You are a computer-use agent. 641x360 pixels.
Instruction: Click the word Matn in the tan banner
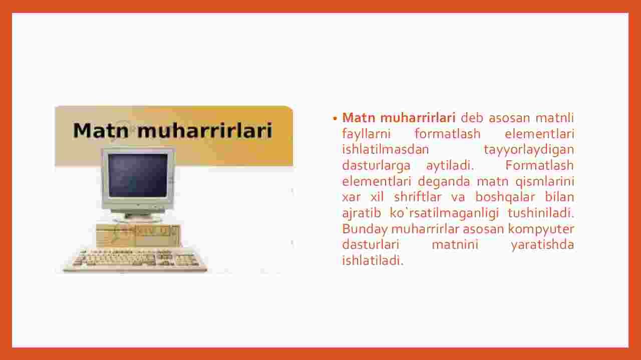pyautogui.click(x=101, y=131)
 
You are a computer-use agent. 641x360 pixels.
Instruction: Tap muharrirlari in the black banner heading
pyautogui.click(x=205, y=131)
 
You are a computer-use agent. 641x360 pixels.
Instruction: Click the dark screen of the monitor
pyautogui.click(x=138, y=175)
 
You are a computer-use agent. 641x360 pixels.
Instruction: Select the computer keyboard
pyautogui.click(x=135, y=260)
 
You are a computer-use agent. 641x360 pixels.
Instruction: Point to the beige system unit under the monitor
pyautogui.click(x=138, y=235)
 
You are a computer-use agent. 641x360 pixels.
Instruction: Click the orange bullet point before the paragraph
pyautogui.click(x=335, y=118)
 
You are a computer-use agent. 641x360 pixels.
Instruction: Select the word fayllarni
pyautogui.click(x=366, y=134)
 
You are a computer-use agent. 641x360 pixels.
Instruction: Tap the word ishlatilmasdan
pyautogui.click(x=386, y=149)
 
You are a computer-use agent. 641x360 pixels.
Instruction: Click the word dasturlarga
pyautogui.click(x=376, y=166)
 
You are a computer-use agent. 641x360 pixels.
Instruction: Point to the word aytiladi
pyautogui.click(x=450, y=166)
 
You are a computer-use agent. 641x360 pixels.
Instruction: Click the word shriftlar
pyautogui.click(x=418, y=197)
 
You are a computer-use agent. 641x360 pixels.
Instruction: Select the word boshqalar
pyautogui.click(x=505, y=197)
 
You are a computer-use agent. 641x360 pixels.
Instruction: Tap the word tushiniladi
pyautogui.click(x=541, y=213)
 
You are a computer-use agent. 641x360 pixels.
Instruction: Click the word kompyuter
pyautogui.click(x=541, y=229)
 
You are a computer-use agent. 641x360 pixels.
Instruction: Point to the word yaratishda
pyautogui.click(x=542, y=245)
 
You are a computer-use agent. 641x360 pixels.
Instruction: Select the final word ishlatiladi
pyautogui.click(x=373, y=260)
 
